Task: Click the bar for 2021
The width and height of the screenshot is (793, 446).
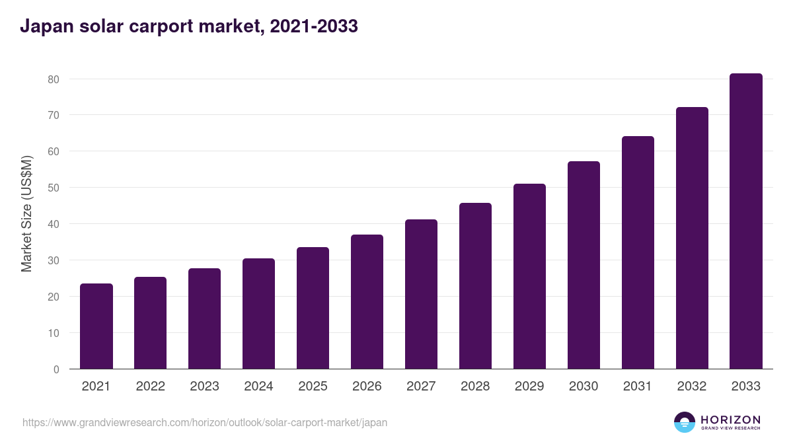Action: pos(96,326)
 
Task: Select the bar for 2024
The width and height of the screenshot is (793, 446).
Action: pos(258,314)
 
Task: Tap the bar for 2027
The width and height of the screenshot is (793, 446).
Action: pos(421,294)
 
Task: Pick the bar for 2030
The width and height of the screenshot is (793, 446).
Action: pos(584,265)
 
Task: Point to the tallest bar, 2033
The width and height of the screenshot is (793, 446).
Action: pos(746,221)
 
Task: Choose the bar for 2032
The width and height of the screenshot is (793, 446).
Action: pos(692,238)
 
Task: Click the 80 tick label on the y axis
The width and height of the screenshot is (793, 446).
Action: pos(54,79)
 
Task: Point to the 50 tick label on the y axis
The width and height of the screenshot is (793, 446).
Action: pos(54,188)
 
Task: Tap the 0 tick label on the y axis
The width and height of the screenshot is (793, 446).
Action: pos(56,369)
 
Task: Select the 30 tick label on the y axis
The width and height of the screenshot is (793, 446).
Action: pos(54,260)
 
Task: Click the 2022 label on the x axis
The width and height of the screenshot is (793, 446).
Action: pos(150,387)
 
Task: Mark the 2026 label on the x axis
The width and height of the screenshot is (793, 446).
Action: pos(367,387)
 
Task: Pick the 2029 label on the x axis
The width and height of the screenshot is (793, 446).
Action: pos(529,387)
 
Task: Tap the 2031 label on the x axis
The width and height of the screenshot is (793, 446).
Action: pos(638,387)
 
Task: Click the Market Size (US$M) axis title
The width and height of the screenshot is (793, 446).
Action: pos(26,214)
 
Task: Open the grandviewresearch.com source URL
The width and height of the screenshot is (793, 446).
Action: pos(205,422)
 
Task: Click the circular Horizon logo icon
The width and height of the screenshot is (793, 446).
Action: pos(685,422)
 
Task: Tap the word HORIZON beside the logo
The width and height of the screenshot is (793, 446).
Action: pos(730,420)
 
